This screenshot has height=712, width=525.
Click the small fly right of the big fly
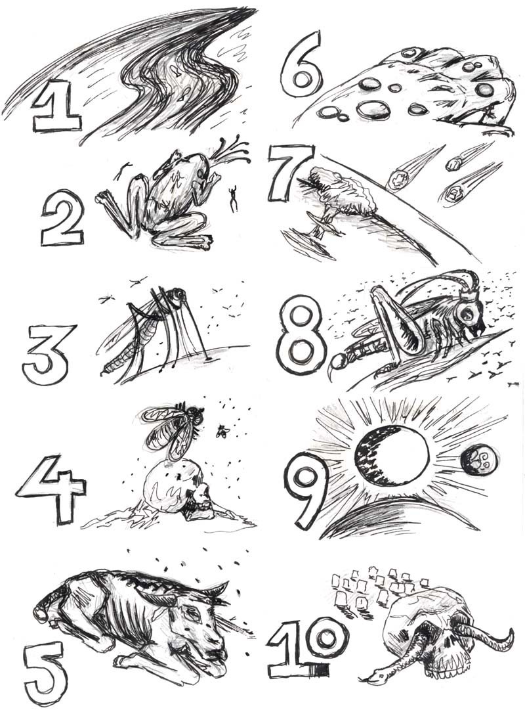point(222,431)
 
